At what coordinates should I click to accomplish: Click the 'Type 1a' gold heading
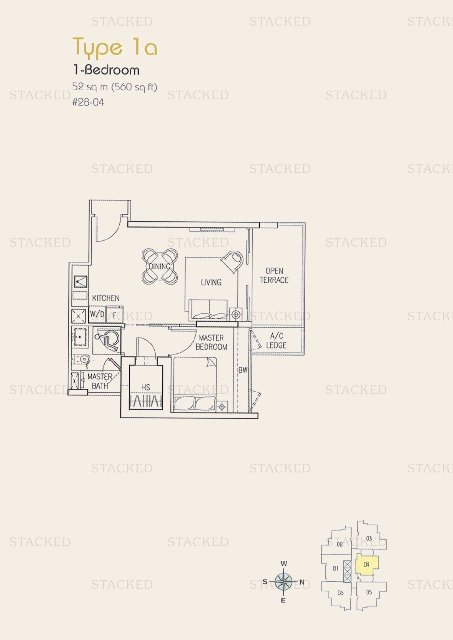(115, 48)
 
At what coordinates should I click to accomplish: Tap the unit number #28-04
(88, 102)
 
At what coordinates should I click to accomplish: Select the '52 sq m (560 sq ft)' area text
(115, 87)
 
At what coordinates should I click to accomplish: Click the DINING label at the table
(160, 267)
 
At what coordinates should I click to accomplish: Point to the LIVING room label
(211, 282)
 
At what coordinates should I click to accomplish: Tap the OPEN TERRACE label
(274, 276)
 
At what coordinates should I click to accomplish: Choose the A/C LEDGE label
(276, 341)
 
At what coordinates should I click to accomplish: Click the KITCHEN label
(106, 298)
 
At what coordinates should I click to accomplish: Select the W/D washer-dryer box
(97, 314)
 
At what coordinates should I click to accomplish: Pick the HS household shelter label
(146, 387)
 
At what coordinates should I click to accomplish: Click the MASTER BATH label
(100, 381)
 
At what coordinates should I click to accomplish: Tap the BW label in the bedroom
(243, 370)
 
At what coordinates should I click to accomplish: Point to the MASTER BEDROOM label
(211, 342)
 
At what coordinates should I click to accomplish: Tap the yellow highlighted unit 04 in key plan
(366, 564)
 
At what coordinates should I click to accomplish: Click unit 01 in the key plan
(336, 568)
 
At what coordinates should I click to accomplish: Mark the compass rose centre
(283, 582)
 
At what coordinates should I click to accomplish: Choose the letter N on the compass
(302, 582)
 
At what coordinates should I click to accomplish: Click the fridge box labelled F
(114, 315)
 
